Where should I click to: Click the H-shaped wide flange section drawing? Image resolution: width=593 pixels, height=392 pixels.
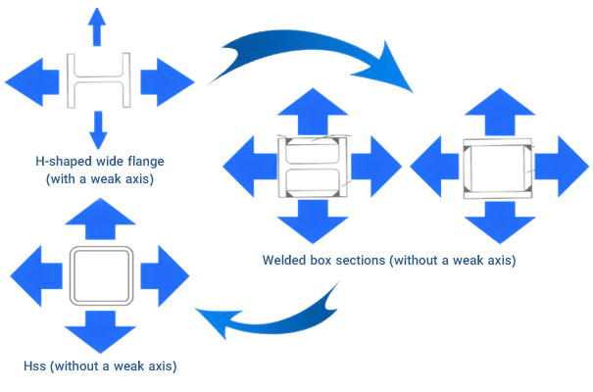coord(96,79)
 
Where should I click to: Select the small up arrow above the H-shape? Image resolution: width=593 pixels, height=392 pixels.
coord(96,26)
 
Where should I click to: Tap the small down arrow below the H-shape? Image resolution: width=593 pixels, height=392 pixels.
coord(96,130)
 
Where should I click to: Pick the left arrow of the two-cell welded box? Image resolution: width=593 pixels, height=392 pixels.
coord(247,167)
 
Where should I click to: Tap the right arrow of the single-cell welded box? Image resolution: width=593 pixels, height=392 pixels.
coord(560,167)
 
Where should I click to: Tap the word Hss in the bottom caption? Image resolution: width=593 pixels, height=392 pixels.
coord(35,367)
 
